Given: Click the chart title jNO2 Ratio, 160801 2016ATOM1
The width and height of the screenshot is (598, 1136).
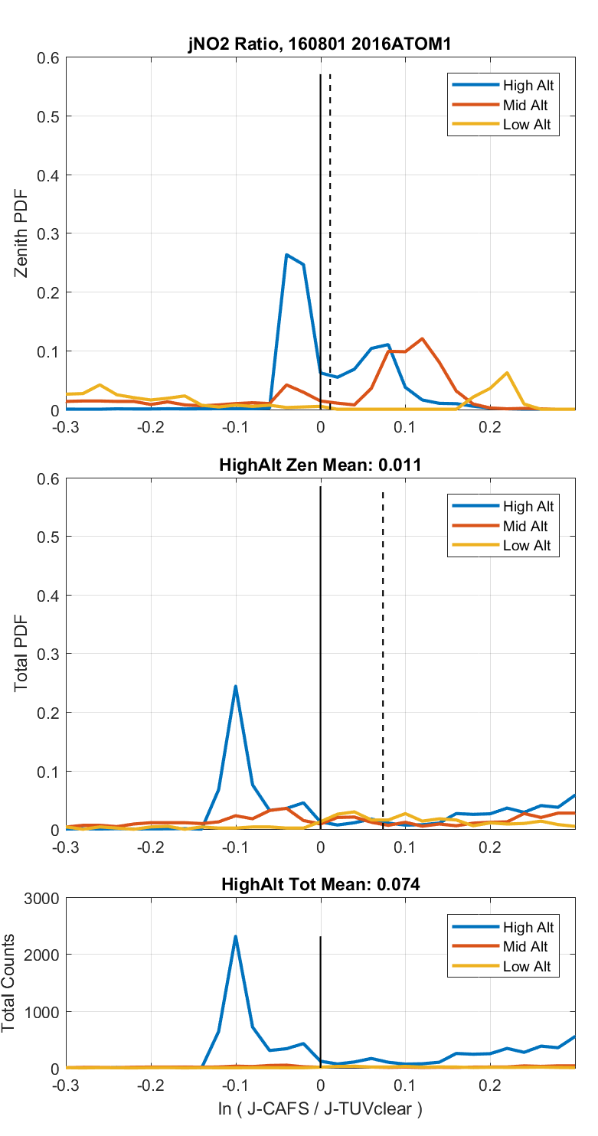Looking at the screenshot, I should [320, 45].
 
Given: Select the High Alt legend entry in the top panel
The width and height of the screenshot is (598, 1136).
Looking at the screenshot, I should [528, 85].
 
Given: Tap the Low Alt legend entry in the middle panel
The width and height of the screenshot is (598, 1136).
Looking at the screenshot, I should [528, 546].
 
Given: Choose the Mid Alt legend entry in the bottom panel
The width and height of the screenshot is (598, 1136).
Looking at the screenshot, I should [528, 947].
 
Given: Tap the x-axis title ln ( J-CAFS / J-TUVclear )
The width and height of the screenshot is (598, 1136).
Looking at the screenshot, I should [320, 1108].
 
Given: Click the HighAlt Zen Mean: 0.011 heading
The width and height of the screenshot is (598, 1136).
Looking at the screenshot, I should [320, 465].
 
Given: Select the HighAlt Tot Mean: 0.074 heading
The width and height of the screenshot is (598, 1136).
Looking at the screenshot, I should [320, 885].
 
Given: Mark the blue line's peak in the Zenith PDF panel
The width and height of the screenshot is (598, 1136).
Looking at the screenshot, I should [286, 255].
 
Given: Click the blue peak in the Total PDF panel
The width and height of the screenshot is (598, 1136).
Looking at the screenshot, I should [236, 687].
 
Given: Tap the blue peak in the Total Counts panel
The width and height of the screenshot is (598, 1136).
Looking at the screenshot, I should [236, 936].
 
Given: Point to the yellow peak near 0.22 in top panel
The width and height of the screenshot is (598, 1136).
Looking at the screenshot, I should [507, 373].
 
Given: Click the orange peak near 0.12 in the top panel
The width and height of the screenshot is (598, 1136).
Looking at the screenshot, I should [422, 338].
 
